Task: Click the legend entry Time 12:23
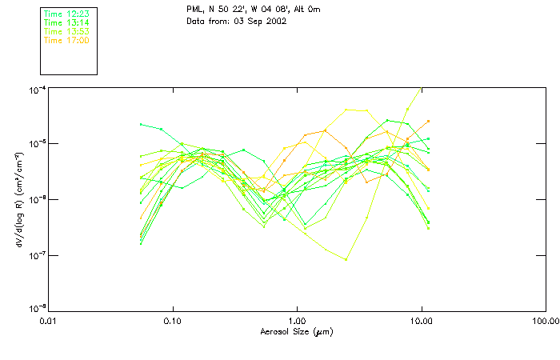tap(66, 14)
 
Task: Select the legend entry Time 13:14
tap(66, 22)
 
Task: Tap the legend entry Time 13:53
tap(66, 31)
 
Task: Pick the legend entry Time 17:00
tap(66, 40)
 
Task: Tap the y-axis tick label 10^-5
tap(36, 144)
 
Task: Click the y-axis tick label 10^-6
tap(36, 199)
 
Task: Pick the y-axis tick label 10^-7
tap(36, 254)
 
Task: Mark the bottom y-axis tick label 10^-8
tap(36, 309)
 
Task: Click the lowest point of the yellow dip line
tap(346, 259)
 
